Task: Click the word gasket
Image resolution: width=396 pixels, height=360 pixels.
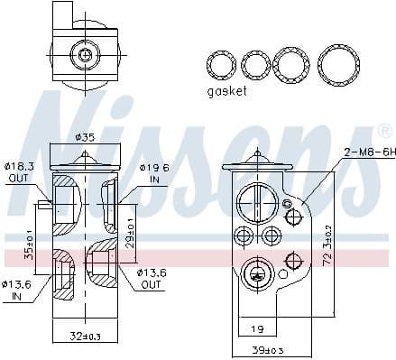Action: click(226, 91)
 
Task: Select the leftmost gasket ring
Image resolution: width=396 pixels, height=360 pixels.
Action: click(220, 65)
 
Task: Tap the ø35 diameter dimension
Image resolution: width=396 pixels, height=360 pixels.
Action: click(85, 138)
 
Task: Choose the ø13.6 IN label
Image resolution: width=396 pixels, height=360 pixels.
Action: click(18, 291)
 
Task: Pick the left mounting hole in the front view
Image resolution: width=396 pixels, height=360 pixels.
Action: click(243, 236)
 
